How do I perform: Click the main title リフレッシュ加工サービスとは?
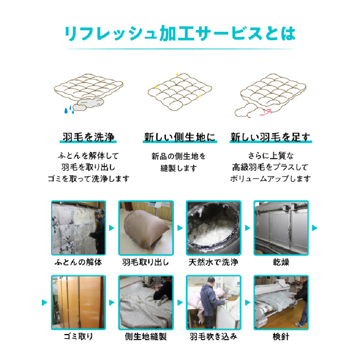[x=180, y=34]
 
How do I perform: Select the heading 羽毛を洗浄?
[x=88, y=137]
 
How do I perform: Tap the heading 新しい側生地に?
[x=180, y=137]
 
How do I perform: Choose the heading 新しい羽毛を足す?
[x=270, y=137]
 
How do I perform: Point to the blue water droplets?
[x=69, y=110]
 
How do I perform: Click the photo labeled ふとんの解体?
[x=78, y=228]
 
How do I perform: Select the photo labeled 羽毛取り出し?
[x=146, y=228]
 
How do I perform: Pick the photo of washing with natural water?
[x=214, y=228]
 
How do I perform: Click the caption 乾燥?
[x=281, y=262]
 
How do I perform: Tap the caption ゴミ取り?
[x=78, y=336]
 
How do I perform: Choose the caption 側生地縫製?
[x=146, y=336]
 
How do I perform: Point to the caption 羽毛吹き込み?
[x=213, y=336]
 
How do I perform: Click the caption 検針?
[x=281, y=336]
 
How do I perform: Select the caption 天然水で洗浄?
[x=213, y=262]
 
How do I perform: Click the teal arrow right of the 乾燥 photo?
[x=315, y=228]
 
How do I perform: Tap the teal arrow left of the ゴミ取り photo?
[x=44, y=303]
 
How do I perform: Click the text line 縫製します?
[x=179, y=168]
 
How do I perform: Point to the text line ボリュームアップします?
[x=270, y=179]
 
